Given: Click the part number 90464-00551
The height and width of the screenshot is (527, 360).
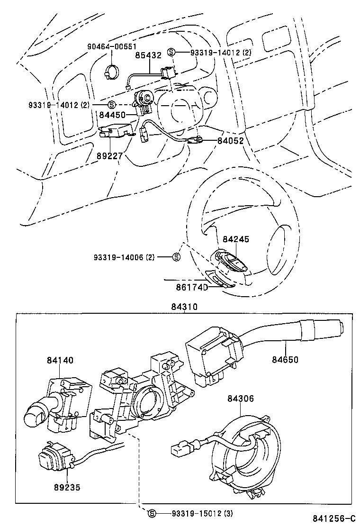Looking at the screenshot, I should [111, 46].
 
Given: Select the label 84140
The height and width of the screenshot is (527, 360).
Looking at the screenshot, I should [60, 360].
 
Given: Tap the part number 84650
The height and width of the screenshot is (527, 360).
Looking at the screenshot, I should [285, 360].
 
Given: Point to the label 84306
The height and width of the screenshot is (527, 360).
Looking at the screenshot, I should [241, 400].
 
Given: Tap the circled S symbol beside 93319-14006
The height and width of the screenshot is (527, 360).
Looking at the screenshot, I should [176, 257].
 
